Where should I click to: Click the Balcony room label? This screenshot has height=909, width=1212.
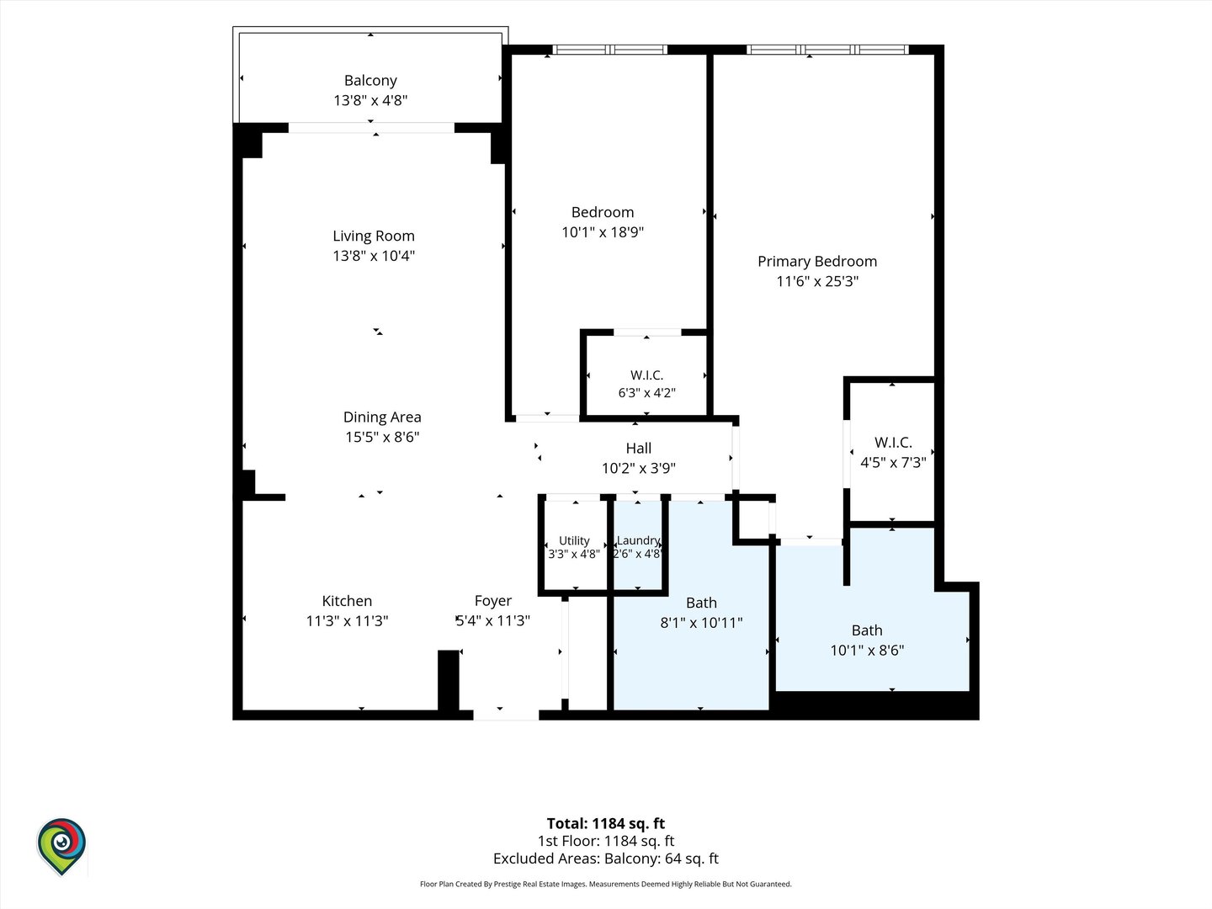370,81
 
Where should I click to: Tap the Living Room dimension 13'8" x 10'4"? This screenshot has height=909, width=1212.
374,256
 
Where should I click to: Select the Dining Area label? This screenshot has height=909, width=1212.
382,417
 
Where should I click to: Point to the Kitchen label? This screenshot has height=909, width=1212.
347,600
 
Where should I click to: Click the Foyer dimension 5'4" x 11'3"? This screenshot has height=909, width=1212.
492,620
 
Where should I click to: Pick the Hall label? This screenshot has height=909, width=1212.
638,448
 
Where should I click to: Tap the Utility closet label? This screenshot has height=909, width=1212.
574,540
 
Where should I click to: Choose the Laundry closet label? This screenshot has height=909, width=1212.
638,540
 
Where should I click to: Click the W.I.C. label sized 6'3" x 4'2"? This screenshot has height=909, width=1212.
646,375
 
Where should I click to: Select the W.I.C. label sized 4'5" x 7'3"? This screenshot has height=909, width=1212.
893,442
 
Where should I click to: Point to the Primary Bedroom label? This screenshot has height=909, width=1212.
817,261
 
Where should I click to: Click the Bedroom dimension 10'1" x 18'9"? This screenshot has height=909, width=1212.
603,231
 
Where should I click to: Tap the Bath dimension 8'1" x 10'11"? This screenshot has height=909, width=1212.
701,623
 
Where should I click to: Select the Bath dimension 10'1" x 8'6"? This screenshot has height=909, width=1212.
867,650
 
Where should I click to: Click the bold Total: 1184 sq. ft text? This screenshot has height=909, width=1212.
606,823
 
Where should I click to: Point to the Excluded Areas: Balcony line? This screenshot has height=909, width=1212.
606,858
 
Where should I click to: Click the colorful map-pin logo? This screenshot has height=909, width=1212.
61,847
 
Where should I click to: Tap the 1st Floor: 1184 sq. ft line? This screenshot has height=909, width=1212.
606,841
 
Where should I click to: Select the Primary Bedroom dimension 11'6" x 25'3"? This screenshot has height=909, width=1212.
817,281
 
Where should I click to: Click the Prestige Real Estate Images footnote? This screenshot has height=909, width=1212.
606,884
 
